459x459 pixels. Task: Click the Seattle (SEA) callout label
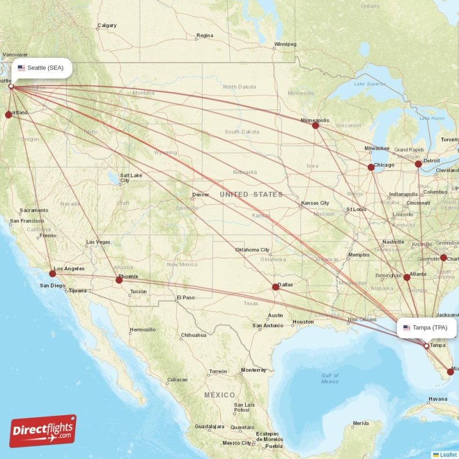pyautogui.click(x=44, y=68)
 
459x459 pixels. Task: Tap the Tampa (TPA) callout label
pyautogui.click(x=427, y=328)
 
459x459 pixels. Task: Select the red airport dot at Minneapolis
pyautogui.click(x=316, y=125)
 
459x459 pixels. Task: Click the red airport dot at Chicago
pyautogui.click(x=371, y=168)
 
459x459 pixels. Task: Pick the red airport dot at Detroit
pyautogui.click(x=418, y=164)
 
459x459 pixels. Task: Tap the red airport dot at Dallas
pyautogui.click(x=275, y=287)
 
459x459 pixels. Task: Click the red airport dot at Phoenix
pyautogui.click(x=119, y=280)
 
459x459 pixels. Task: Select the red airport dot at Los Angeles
pyautogui.click(x=53, y=274)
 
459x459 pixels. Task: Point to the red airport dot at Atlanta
pyautogui.click(x=407, y=277)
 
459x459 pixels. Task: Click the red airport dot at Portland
pyautogui.click(x=9, y=115)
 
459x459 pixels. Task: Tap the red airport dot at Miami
pyautogui.click(x=450, y=372)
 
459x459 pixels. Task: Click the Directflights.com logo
pyautogui.click(x=43, y=431)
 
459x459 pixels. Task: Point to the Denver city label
pyautogui.click(x=201, y=195)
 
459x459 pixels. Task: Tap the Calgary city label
pyautogui.click(x=107, y=25)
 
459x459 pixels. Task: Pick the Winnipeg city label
pyautogui.click(x=285, y=44)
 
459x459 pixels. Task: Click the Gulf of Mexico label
pyautogui.click(x=330, y=379)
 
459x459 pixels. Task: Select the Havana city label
pyautogui.click(x=437, y=399)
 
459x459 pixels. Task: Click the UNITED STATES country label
pyautogui.click(x=251, y=195)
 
